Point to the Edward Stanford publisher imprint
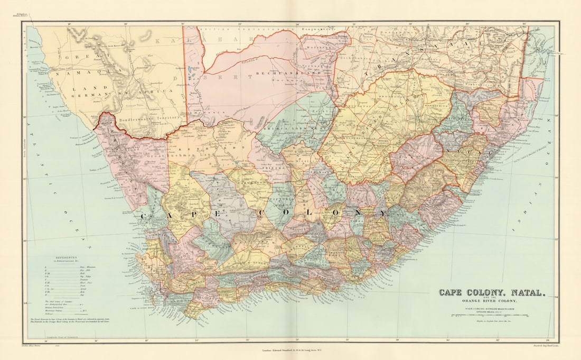click(290, 350)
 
